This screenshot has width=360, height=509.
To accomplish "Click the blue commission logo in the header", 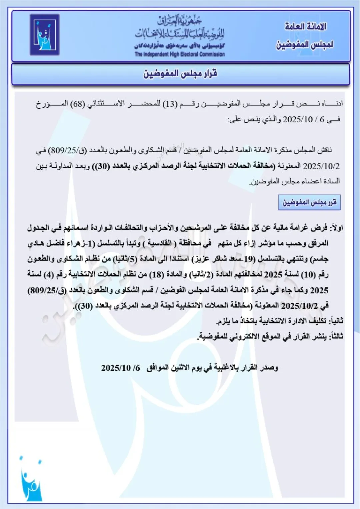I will coord(45,35).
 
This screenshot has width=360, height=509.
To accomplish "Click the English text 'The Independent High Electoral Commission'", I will coord(180,54).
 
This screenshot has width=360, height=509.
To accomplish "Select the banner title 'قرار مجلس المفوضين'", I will coord(180,73).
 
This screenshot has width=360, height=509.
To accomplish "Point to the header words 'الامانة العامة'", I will coord(305,26).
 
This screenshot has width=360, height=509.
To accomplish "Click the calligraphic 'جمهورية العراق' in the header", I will coord(180,21).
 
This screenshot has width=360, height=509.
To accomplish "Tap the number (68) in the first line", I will coord(79,104).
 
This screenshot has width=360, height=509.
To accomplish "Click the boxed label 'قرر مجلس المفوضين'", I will coord(309,202).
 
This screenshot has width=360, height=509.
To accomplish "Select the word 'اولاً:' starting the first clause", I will coord(336,228).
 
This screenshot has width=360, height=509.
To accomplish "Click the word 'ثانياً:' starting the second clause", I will coord(336,321).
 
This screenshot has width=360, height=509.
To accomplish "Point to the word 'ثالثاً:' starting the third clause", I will coord(336,336).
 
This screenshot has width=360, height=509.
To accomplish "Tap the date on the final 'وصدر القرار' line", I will coord(120,368).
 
